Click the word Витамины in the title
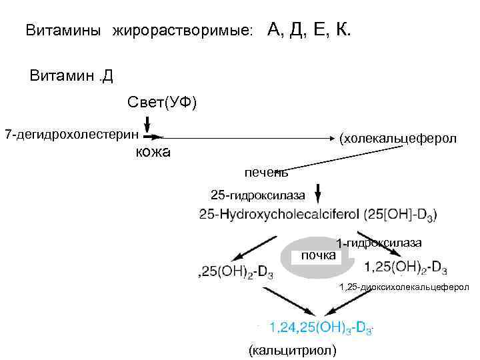63,31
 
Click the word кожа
153,152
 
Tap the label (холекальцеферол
397,139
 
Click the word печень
265,173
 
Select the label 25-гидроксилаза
258,195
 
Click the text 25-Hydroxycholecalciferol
279,215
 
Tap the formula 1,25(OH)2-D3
406,267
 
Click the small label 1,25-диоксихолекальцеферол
403,287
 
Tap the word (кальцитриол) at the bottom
291,350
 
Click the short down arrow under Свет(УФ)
147,123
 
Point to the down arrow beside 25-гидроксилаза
319,193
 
